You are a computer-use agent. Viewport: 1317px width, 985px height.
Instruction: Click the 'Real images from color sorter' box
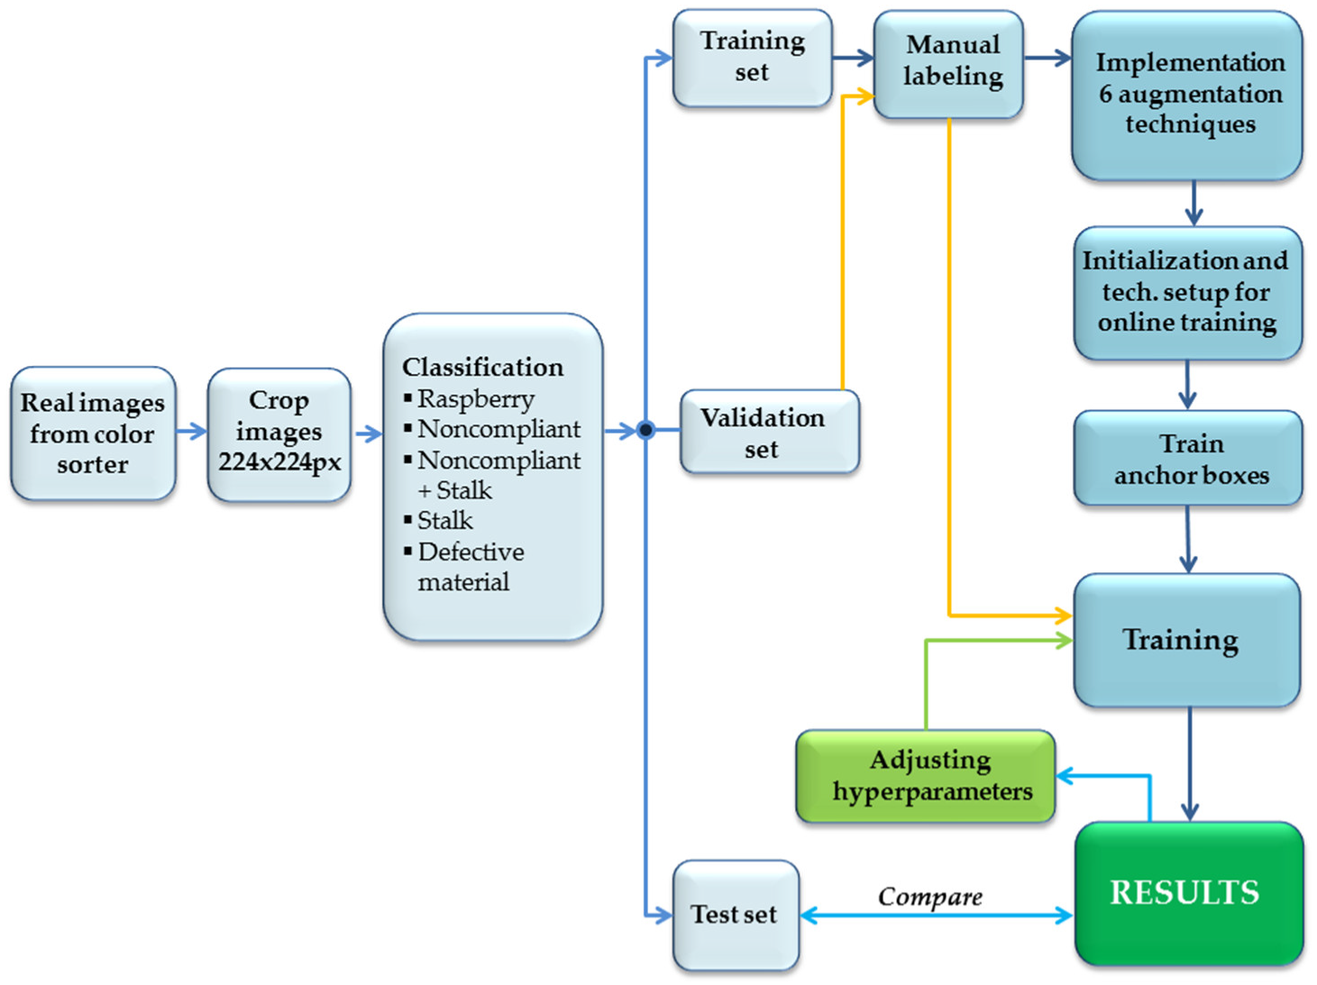click(x=92, y=433)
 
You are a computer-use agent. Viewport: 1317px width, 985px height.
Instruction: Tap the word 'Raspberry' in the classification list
click(x=475, y=398)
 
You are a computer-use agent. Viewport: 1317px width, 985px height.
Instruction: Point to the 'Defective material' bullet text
click(x=470, y=566)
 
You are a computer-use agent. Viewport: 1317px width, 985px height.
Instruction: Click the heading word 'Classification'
click(x=482, y=367)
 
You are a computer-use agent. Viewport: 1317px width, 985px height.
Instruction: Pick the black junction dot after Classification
click(x=645, y=430)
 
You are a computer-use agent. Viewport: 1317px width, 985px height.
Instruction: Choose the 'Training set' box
click(x=752, y=58)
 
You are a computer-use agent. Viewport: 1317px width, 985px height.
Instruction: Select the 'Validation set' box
click(x=769, y=432)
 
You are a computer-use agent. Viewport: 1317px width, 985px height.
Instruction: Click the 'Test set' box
click(x=736, y=914)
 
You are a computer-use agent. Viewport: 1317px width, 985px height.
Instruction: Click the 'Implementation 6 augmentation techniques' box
click(x=1187, y=94)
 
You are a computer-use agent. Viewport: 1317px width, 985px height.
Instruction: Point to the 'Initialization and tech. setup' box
click(x=1187, y=292)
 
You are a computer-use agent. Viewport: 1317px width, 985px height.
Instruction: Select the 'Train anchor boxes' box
click(x=1187, y=458)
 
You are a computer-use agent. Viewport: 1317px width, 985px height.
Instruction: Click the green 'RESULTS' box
click(x=1187, y=892)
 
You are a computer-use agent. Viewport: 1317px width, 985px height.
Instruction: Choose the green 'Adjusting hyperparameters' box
click(x=927, y=776)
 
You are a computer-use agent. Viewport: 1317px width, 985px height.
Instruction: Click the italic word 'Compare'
click(x=929, y=897)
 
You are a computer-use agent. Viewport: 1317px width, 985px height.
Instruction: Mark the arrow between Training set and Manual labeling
click(x=853, y=59)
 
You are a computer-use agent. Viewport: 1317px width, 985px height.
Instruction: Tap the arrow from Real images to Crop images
click(x=191, y=432)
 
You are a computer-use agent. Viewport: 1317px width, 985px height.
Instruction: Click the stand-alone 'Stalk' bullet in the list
click(x=444, y=521)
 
